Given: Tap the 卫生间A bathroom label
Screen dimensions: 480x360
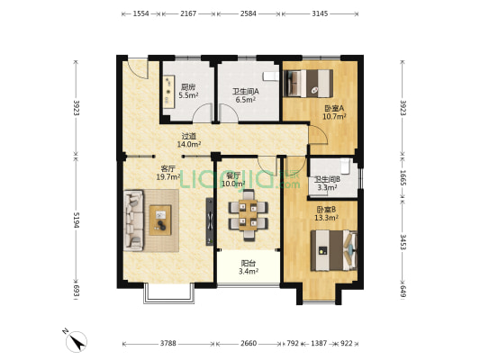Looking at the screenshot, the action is [246, 91].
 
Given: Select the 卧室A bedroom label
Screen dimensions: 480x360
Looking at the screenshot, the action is [334, 108].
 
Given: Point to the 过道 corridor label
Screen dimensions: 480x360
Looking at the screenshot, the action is [188, 136].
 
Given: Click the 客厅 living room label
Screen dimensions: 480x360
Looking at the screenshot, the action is [168, 168].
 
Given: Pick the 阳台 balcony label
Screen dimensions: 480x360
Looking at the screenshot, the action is [249, 263].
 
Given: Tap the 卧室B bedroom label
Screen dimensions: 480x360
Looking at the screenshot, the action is [326, 210].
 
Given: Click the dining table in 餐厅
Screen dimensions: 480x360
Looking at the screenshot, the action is [248, 215].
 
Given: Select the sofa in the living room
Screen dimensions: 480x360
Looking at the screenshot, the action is [133, 220].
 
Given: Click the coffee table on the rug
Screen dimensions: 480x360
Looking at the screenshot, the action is [160, 220].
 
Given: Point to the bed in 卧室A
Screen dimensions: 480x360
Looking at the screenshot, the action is [308, 84].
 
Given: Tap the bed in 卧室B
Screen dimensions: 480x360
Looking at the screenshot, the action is [334, 250].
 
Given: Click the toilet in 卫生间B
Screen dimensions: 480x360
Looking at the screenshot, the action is [345, 166].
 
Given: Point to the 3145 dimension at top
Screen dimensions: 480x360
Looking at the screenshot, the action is [320, 13].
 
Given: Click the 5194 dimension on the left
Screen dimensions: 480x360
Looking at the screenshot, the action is [77, 220].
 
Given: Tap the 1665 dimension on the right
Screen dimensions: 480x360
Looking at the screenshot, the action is [403, 178].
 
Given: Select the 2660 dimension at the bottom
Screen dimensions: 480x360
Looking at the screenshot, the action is [249, 344].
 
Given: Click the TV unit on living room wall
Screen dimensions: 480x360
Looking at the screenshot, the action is [210, 221].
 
